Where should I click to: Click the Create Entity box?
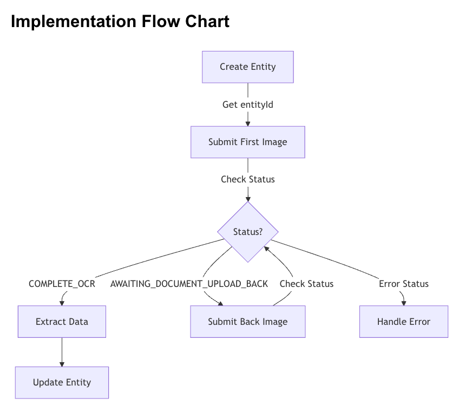pos(248,67)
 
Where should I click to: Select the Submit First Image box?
pos(248,142)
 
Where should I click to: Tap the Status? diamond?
pos(248,232)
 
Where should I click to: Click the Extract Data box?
pos(62,322)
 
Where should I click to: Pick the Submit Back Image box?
pos(248,322)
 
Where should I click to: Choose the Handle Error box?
pos(404,322)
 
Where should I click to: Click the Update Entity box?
pos(62,382)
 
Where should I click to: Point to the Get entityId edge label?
pos(248,104)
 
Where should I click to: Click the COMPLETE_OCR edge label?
pos(62,284)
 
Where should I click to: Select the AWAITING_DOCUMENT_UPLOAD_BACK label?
pos(189,284)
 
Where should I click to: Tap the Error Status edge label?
pos(404,284)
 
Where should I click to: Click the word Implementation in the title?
pos(64,22)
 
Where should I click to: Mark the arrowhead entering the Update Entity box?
pos(62,363)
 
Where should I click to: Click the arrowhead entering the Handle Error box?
pos(404,303)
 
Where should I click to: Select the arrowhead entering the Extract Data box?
pos(62,303)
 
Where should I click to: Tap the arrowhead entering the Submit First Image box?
pos(248,123)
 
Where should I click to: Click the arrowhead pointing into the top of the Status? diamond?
pos(248,198)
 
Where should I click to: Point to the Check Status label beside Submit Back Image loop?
pos(306,284)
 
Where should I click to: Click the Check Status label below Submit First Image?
pos(248,179)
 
